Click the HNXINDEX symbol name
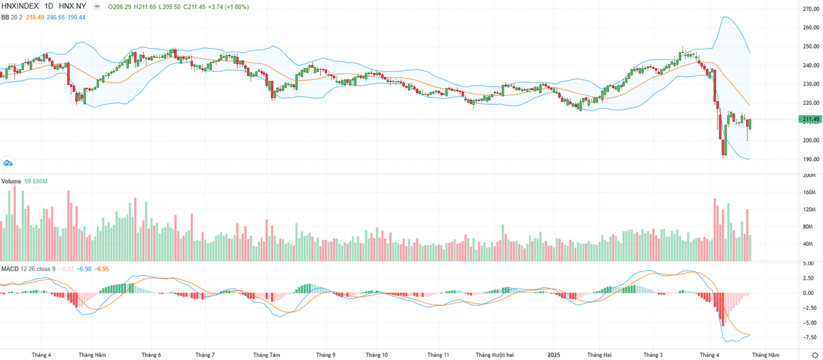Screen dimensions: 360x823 (x=20, y=5)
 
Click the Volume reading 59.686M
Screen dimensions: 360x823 (x=36, y=182)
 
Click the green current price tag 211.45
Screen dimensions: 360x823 (x=810, y=119)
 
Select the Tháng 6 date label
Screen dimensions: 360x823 (x=151, y=355)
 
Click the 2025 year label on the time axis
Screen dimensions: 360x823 (x=556, y=355)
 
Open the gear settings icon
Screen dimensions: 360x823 (x=814, y=355)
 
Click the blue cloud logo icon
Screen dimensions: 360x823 (x=8, y=163)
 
